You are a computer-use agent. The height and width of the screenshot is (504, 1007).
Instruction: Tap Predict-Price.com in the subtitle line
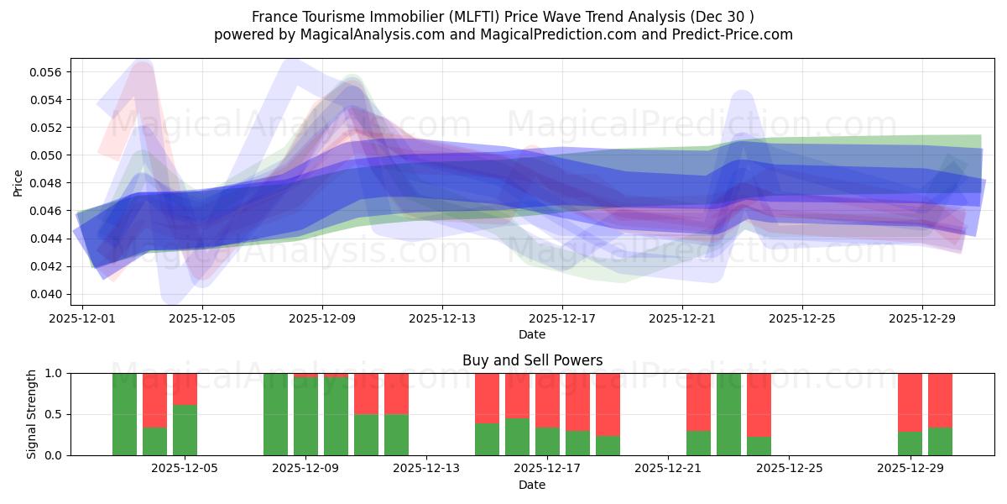click(723, 34)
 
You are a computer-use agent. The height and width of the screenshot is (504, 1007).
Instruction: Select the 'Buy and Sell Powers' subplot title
click(532, 360)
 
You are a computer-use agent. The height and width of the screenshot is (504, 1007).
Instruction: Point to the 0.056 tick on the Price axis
click(48, 72)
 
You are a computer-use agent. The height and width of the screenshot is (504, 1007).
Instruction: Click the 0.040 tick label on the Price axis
click(48, 294)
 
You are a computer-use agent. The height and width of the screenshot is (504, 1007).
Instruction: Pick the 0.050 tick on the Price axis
click(48, 155)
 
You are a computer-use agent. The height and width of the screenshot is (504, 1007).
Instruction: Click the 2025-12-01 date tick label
click(83, 318)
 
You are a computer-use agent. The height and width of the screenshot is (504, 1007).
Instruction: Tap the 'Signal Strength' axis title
click(31, 414)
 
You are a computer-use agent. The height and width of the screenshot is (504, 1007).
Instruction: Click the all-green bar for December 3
click(124, 414)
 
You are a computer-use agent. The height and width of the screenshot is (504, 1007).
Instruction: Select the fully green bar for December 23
click(728, 414)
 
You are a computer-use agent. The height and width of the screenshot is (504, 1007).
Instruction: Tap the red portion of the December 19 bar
click(608, 403)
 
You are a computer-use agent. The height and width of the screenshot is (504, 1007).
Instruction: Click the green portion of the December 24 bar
click(759, 446)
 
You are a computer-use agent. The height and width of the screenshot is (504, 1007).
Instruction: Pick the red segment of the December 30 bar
click(940, 400)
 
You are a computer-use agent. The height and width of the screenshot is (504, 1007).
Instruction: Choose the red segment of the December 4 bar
click(154, 400)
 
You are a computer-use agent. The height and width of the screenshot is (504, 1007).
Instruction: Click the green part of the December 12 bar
click(396, 435)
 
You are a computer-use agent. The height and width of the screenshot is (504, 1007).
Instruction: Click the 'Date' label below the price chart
click(532, 334)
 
